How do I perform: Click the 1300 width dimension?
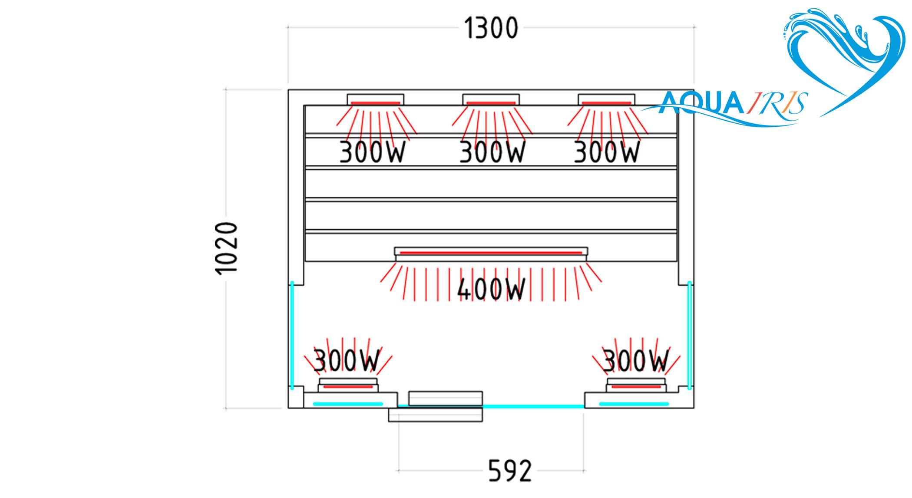[x=491, y=28]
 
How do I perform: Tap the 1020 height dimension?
[x=227, y=248]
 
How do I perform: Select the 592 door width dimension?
[x=510, y=471]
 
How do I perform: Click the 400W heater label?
[x=491, y=289]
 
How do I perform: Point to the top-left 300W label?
[x=372, y=152]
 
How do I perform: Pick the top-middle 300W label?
[x=492, y=152]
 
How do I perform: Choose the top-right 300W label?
[x=607, y=152]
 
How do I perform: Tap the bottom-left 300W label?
[x=346, y=360]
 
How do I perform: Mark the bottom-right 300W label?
[x=635, y=360]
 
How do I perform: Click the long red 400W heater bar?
[x=491, y=252]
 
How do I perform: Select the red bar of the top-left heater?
[x=375, y=103]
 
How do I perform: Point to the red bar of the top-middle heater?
[x=491, y=103]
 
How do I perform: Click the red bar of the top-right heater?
[x=606, y=103]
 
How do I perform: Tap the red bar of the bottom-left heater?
[x=348, y=386]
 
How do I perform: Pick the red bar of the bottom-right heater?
[x=636, y=386]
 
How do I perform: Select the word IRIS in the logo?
[x=777, y=103]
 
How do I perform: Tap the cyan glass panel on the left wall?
[x=292, y=334]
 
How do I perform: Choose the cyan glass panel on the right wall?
[x=690, y=334]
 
